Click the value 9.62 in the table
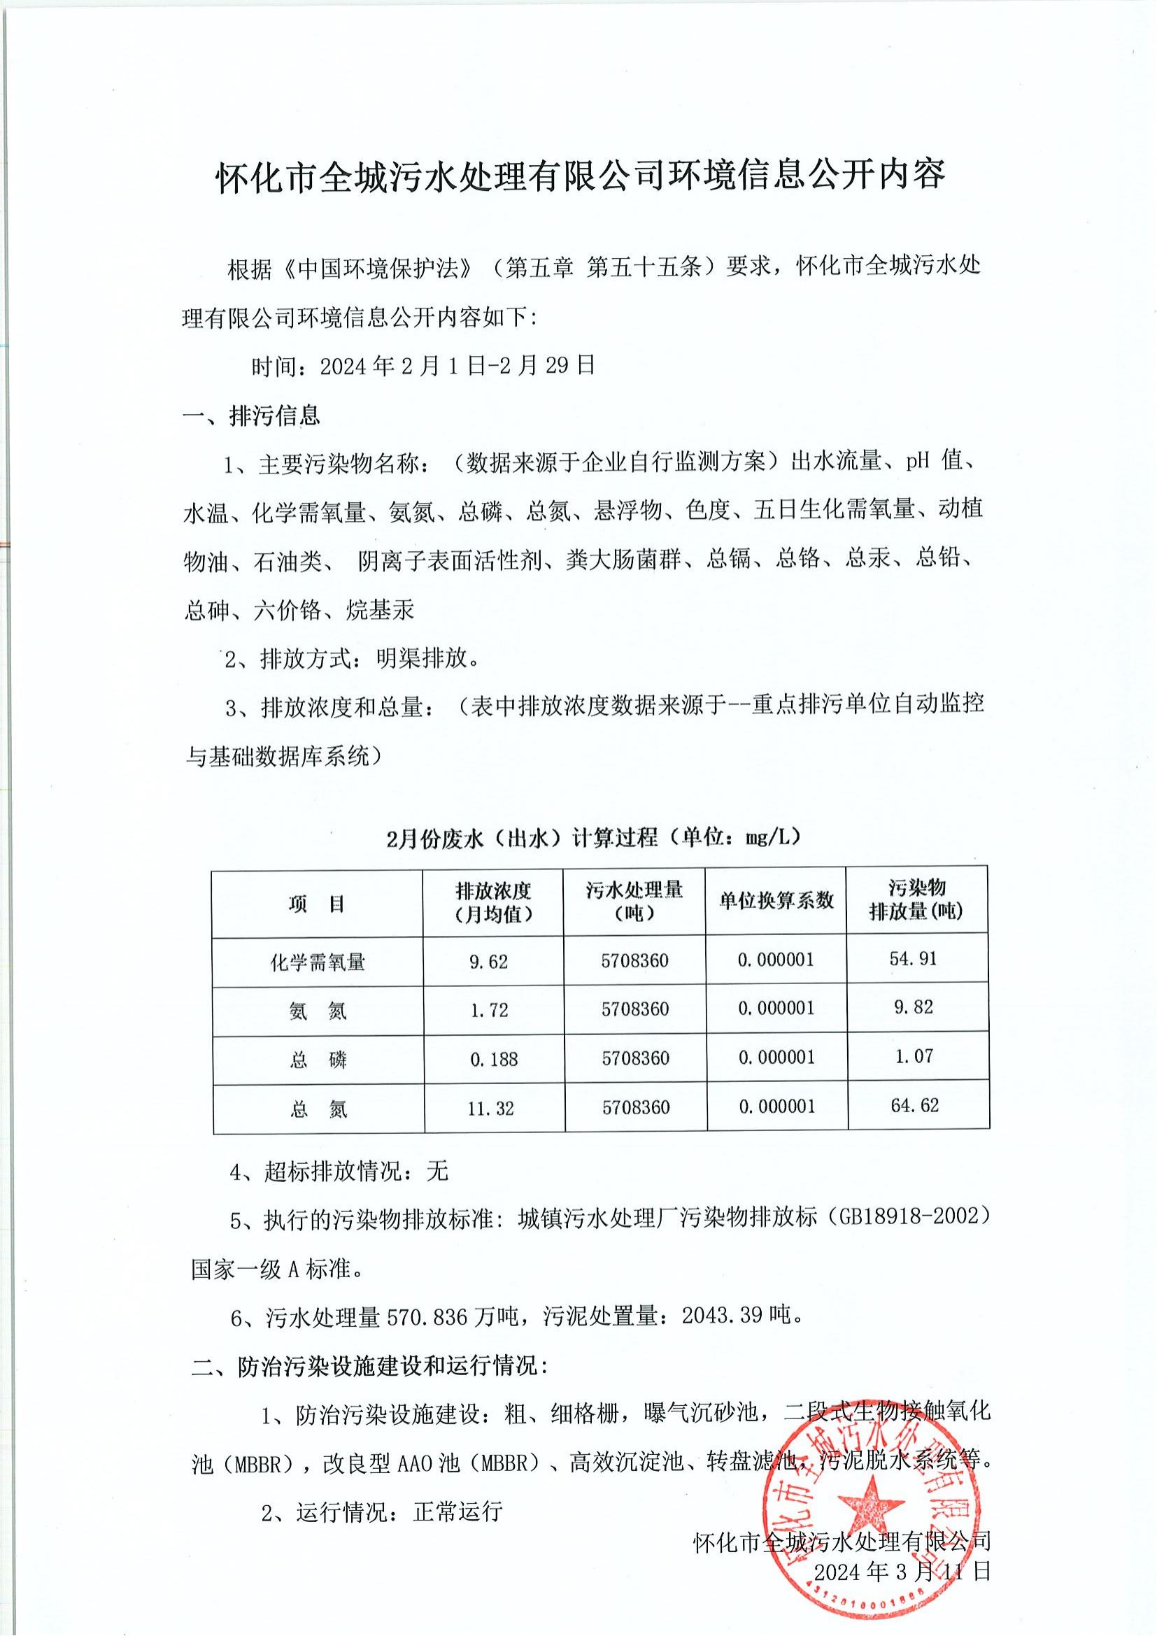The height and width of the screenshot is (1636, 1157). point(488,962)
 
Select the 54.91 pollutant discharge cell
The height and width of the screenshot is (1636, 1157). point(913,959)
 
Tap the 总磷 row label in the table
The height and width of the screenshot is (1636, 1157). point(318,1060)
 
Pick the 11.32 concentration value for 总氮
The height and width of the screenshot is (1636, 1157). point(490,1109)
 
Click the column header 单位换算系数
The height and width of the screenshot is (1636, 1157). point(776,901)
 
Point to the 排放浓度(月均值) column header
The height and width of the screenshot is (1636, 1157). point(494,902)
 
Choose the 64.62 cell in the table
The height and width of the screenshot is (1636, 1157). point(915,1106)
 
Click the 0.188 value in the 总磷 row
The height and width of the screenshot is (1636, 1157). point(494,1060)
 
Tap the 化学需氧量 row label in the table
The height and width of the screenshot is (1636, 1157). point(318,962)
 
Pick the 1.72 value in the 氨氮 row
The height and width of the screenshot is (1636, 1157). point(490,1011)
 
